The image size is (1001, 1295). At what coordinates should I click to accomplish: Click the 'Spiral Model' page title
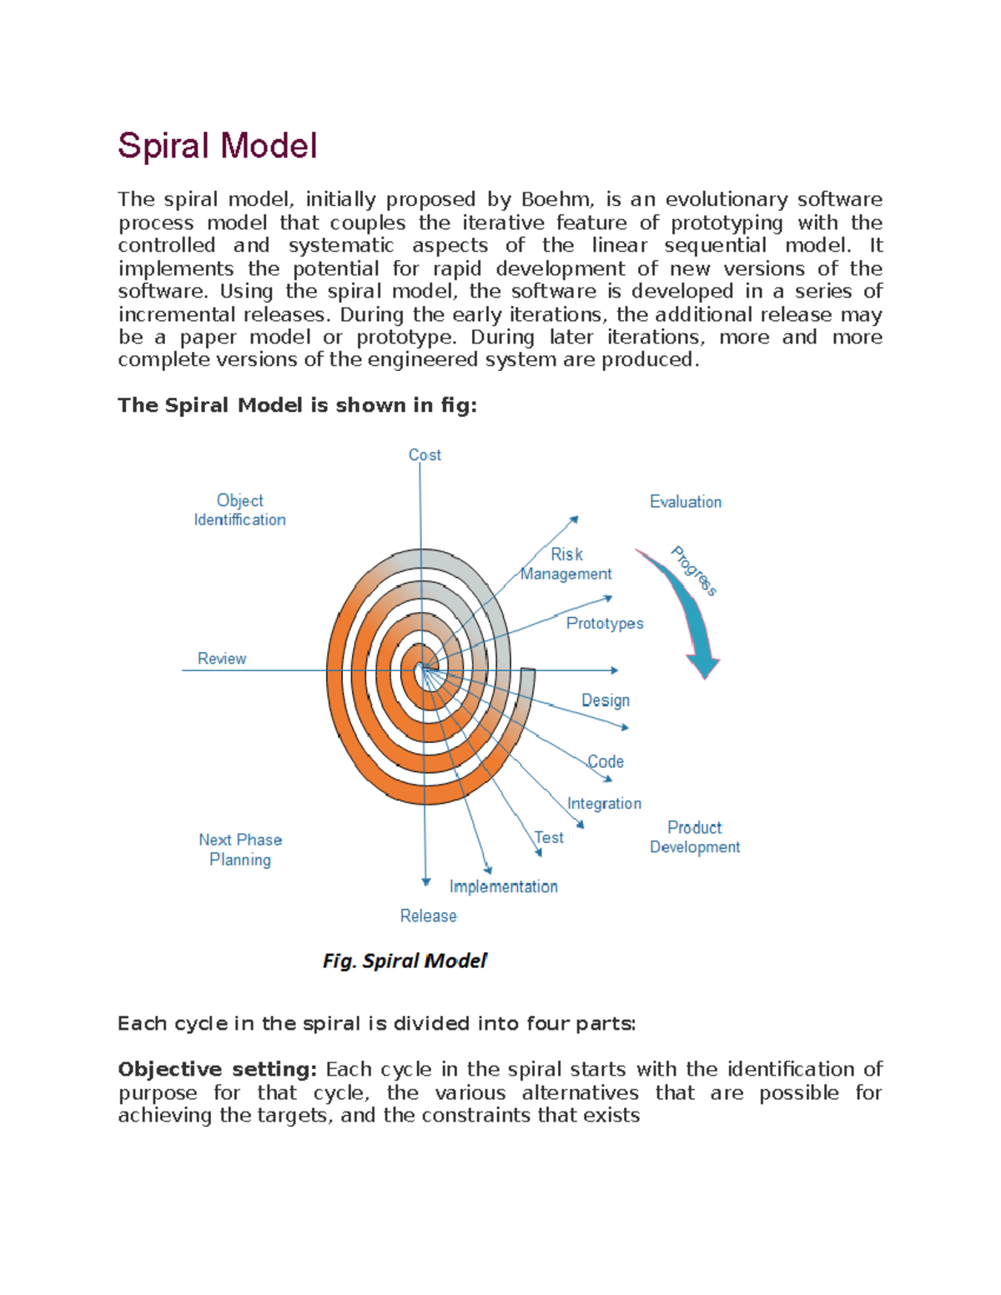217,146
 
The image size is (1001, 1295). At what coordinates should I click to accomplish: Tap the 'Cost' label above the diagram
425,455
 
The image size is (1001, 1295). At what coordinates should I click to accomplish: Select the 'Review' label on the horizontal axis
222,659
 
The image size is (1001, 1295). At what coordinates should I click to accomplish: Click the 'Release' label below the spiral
428,916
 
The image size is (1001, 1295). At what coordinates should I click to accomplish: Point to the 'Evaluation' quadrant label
686,502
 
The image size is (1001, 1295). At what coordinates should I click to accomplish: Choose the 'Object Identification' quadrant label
240,509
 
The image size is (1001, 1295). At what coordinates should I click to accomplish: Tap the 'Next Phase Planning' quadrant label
240,850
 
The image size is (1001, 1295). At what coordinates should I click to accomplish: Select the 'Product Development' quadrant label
695,837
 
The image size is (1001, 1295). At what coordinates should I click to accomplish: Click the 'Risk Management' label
566,565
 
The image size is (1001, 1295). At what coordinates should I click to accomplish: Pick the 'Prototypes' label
605,624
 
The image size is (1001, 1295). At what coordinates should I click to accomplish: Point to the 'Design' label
606,700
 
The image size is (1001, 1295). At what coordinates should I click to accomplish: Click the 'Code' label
606,761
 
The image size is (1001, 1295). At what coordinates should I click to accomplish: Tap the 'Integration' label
604,803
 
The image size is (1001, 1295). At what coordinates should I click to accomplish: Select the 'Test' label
550,837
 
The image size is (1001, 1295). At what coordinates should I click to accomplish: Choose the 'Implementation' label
504,886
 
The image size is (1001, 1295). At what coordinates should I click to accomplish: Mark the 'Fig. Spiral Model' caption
405,961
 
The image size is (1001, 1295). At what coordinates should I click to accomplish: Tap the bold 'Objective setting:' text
217,1069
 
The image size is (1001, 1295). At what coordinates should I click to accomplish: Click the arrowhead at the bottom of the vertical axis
426,881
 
